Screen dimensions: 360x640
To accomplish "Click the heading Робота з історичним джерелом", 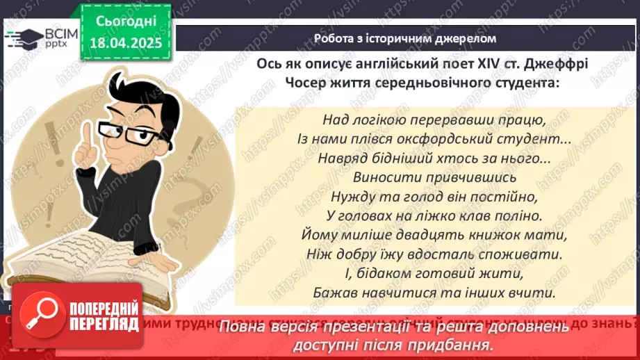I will (x=405, y=38).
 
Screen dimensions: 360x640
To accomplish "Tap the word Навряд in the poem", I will (x=340, y=158).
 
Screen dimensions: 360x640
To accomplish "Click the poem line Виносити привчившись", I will (x=426, y=177).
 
